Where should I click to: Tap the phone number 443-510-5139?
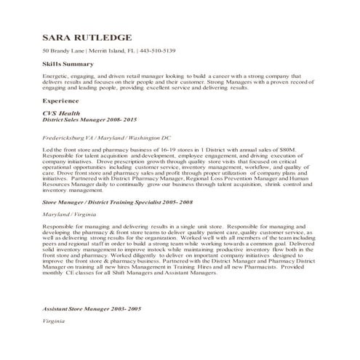pyautogui.click(x=159, y=51)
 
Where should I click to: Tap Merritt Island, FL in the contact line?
pyautogui.click(x=111, y=51)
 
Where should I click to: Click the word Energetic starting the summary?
pyautogui.click(x=56, y=76)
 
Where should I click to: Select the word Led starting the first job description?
pyautogui.click(x=48, y=149)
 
